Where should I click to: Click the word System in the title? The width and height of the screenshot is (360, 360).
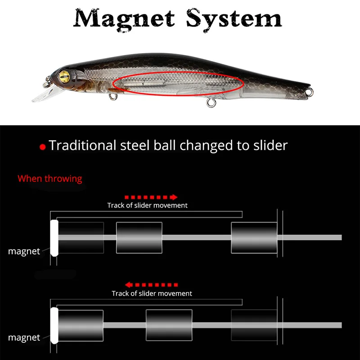coord(234,18)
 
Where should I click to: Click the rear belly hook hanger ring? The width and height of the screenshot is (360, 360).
coord(209,103)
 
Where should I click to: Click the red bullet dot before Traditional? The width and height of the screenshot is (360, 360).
coord(43,147)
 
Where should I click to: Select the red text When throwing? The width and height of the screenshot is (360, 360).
coord(50,179)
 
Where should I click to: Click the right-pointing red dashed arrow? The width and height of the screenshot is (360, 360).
coord(151,197)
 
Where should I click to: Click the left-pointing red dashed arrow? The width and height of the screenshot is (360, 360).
coord(151,285)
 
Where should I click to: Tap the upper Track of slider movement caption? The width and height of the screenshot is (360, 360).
coord(147,205)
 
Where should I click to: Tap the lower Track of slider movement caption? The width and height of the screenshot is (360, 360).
coord(152,293)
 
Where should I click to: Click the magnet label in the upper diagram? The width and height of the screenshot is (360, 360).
coord(24,251)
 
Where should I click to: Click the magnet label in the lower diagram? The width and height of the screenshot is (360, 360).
coord(24,337)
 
